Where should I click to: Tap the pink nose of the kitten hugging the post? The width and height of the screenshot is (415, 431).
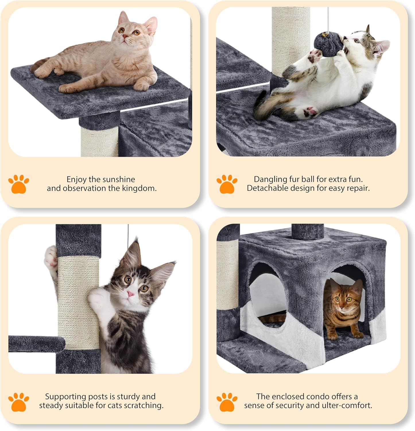[x=131, y=294]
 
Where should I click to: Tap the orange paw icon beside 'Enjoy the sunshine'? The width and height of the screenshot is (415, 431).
[x=19, y=184]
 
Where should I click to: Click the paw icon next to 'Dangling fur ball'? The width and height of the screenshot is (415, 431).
[x=227, y=184]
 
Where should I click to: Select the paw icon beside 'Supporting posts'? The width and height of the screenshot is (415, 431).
[x=19, y=402]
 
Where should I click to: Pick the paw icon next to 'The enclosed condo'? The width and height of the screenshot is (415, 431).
[x=227, y=402]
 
